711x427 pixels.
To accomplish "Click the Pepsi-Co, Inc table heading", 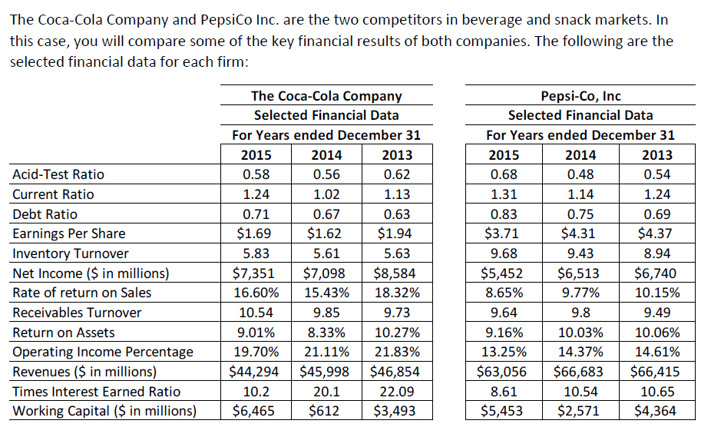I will (580, 96).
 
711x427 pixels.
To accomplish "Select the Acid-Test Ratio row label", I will (58, 175).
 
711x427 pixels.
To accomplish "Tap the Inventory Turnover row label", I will (71, 253).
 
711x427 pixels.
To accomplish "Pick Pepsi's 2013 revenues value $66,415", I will (654, 371).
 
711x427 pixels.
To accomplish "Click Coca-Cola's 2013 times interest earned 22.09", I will (396, 391).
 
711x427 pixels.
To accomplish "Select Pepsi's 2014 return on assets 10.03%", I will (580, 332).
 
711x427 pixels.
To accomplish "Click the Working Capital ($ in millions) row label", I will (104, 411).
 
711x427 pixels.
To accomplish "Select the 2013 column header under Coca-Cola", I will (396, 154).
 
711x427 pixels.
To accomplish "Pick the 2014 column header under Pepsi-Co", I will (580, 154).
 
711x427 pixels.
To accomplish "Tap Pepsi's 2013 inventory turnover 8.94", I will (654, 253).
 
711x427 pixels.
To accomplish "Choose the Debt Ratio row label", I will (45, 214).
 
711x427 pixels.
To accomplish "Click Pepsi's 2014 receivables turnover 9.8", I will (580, 313).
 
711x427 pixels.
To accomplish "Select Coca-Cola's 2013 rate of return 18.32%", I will (396, 293).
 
